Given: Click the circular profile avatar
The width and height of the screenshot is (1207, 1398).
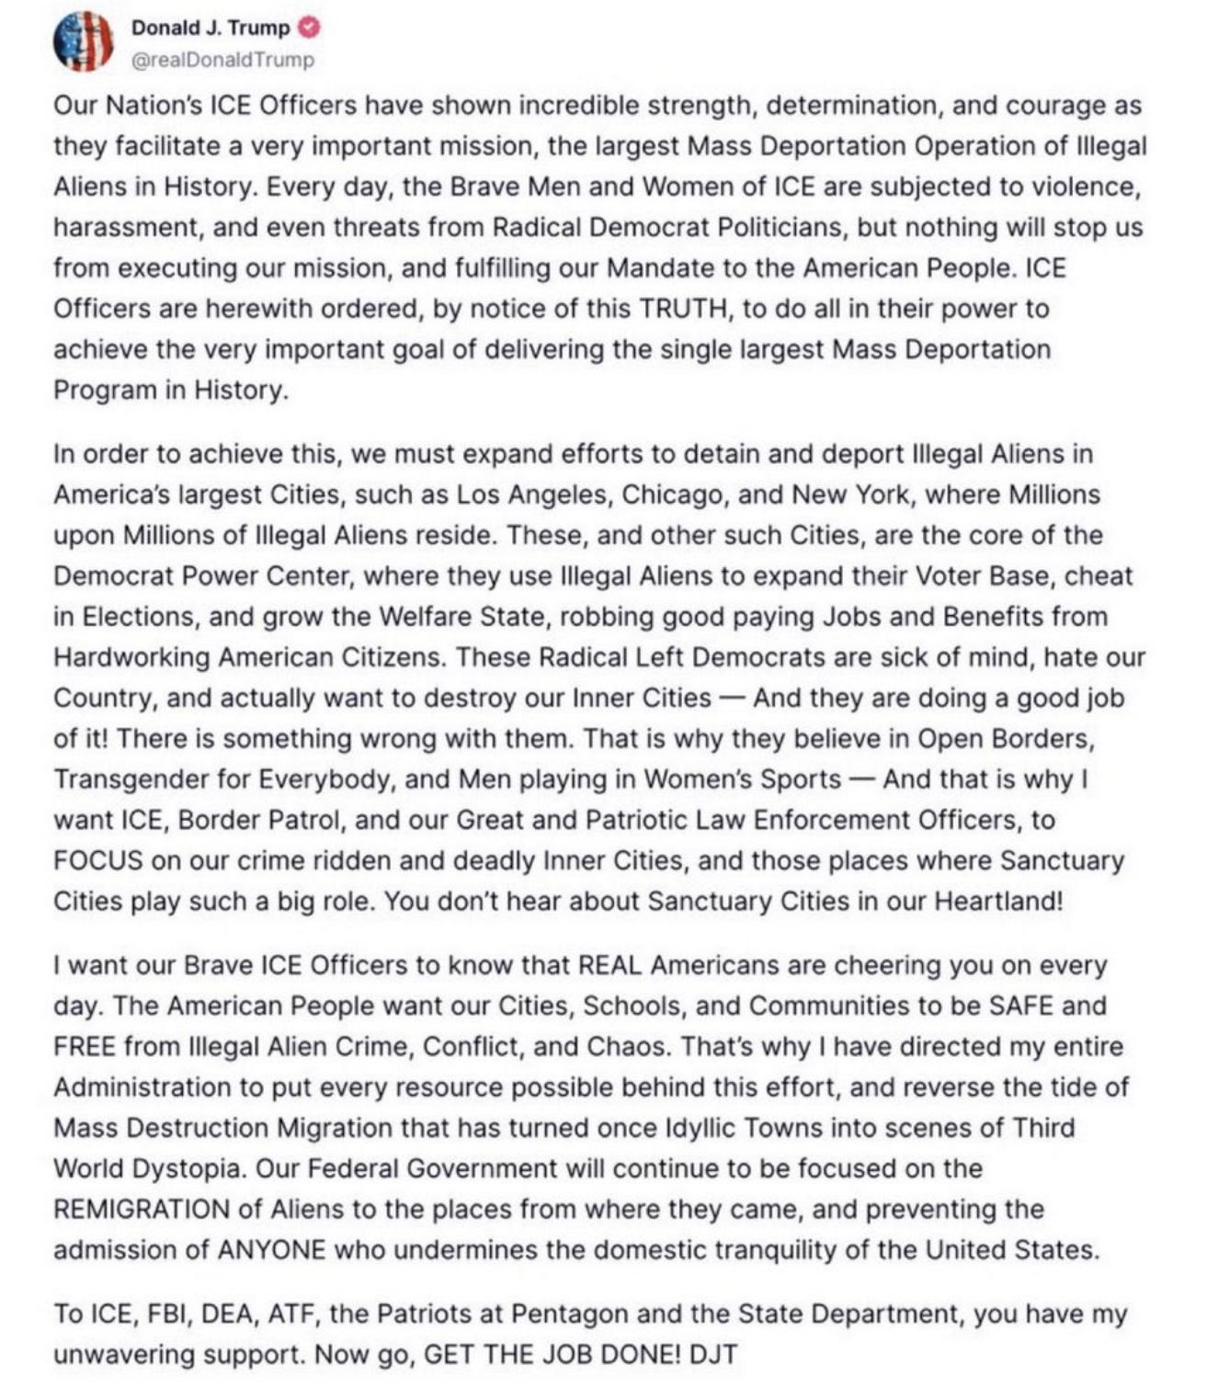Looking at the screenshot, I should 84,42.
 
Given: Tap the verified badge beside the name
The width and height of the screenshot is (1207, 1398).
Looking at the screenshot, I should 311,28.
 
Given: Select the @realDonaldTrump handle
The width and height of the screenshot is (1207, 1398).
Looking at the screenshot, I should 223,60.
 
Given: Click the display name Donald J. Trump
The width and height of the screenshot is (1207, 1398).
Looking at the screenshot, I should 211,28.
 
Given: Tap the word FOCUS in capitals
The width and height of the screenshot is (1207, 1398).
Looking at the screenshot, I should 98,860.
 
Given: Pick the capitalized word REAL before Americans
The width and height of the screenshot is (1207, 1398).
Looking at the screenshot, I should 610,966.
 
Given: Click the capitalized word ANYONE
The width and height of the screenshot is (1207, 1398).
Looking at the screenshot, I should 271,1250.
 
